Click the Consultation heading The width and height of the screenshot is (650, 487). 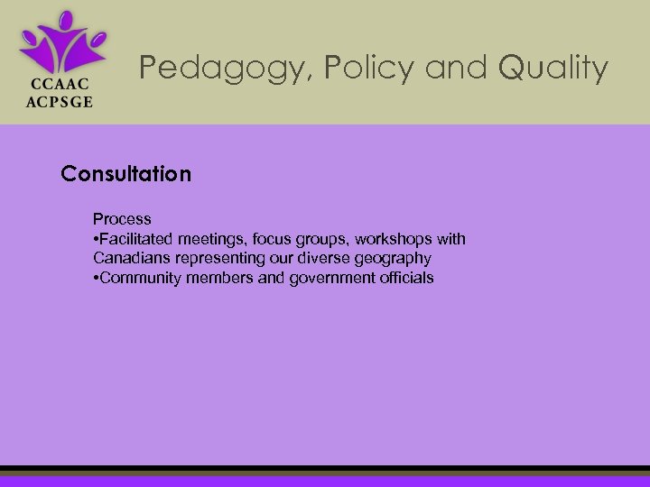[x=126, y=173]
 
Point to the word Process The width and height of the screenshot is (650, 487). [x=122, y=219]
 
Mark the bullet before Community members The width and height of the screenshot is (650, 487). [x=96, y=278]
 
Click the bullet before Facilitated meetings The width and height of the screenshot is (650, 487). [x=96, y=239]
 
